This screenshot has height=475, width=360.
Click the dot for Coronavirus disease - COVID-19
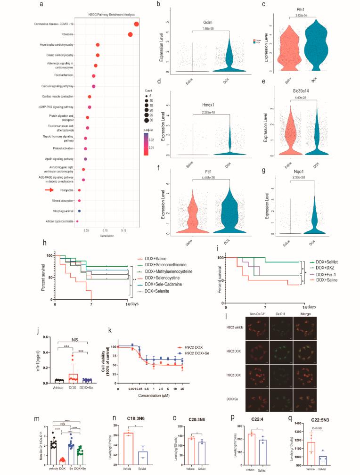click(x=137, y=25)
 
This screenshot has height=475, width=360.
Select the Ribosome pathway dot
click(x=130, y=34)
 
